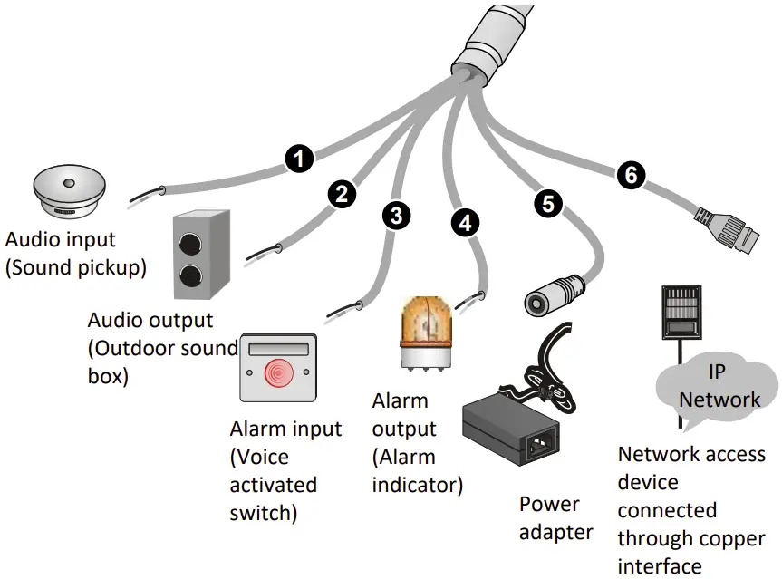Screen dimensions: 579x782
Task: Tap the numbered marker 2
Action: [342, 193]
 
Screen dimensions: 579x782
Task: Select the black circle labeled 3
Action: [396, 215]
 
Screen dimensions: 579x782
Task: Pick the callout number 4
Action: [465, 223]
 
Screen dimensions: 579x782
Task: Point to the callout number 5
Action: [547, 204]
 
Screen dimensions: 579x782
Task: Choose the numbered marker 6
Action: [631, 175]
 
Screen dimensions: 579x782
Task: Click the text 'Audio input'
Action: [61, 240]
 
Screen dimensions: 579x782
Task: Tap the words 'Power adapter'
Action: [555, 517]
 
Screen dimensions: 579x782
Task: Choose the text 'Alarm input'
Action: [285, 429]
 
